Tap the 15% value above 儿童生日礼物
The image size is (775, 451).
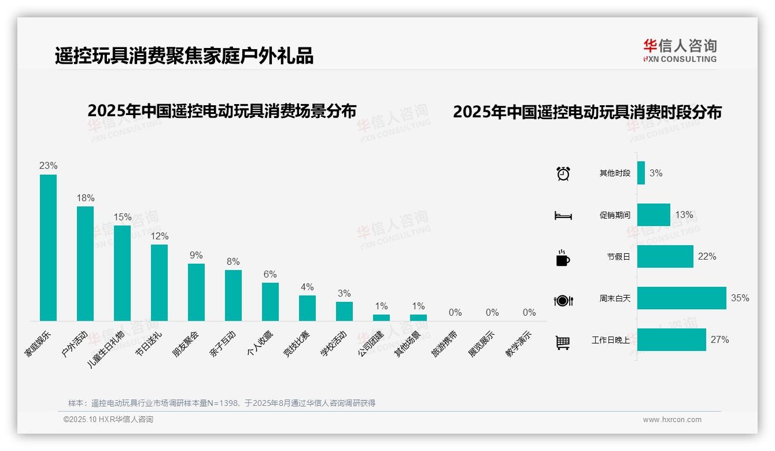123,217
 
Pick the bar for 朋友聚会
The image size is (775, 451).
196,292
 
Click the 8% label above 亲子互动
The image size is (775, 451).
233,262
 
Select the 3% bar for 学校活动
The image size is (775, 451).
344,311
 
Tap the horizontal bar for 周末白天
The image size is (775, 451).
681,298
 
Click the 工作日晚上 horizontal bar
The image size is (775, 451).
671,339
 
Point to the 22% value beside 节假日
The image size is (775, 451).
707,256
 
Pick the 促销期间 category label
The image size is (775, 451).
615,215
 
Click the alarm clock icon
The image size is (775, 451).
563,173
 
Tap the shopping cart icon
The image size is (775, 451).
563,343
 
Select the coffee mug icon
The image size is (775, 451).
563,258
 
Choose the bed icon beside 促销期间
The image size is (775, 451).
563,216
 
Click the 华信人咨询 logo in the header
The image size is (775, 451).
680,51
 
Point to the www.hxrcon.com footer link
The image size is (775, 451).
672,420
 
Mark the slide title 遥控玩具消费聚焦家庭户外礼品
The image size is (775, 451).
184,56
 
